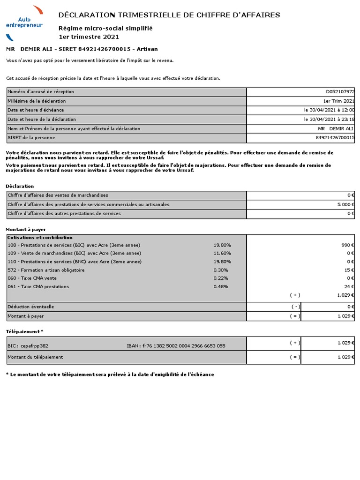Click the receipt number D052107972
(340, 92)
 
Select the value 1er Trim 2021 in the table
(339, 101)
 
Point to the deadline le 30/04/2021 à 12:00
(329, 110)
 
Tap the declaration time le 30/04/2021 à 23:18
(329, 119)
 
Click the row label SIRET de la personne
(31, 138)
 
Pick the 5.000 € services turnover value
(345, 204)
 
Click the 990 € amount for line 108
(347, 245)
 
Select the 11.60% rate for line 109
(222, 253)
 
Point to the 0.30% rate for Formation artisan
(221, 270)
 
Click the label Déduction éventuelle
(31, 307)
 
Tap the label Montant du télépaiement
(35, 357)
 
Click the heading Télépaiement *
(24, 331)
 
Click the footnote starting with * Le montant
(110, 375)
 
